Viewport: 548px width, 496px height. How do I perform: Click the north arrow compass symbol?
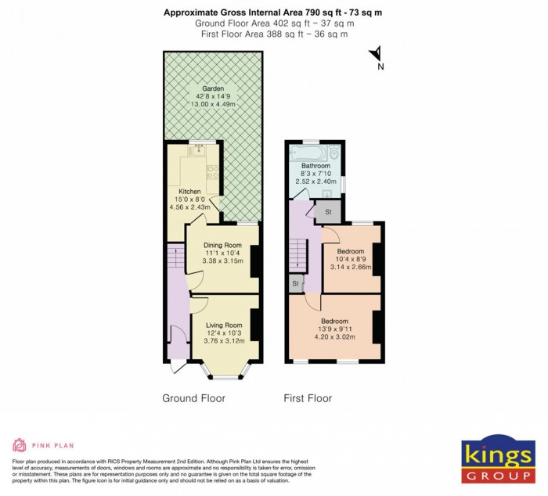[376, 55]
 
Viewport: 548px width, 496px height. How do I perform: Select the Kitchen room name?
[189, 192]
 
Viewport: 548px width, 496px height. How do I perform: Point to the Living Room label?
[224, 325]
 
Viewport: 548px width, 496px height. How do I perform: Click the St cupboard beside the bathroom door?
[327, 211]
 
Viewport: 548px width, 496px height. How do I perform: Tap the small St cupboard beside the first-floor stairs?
[296, 283]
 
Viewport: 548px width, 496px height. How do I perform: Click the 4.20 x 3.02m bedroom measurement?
[335, 337]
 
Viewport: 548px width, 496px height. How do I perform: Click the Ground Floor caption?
[193, 398]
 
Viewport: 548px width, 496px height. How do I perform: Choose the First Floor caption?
[308, 398]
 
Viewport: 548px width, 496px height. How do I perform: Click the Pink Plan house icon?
[18, 446]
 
